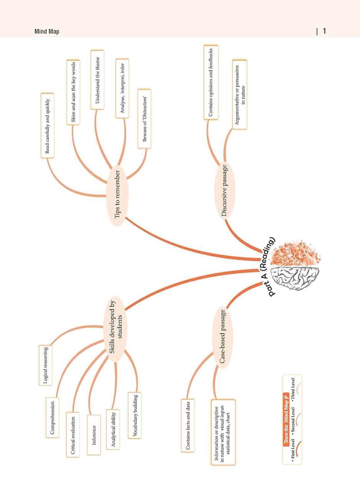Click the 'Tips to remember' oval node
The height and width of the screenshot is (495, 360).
click(119, 194)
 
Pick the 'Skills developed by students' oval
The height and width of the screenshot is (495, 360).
click(115, 329)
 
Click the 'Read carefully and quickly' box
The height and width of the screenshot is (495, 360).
click(47, 126)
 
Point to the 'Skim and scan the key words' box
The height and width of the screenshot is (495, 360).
click(73, 92)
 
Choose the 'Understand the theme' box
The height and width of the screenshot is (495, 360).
click(97, 80)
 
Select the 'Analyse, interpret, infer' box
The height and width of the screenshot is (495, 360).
click(122, 88)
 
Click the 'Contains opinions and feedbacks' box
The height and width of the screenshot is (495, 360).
click(211, 82)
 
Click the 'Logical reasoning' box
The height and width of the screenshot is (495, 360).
click(46, 365)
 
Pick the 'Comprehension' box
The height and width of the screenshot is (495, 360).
click(52, 417)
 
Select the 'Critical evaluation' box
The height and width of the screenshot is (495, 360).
click(73, 434)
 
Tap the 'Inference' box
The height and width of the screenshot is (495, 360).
click(94, 435)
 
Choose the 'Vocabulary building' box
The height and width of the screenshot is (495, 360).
click(134, 415)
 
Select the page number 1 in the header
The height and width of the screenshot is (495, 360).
click(324, 31)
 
